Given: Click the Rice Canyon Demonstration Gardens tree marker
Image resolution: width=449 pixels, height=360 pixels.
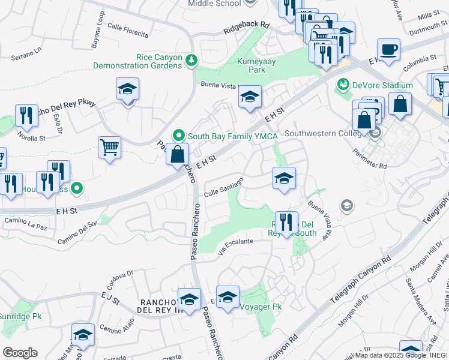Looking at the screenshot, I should coord(191,59).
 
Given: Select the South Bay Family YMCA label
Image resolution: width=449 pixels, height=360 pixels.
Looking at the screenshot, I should coord(232,136).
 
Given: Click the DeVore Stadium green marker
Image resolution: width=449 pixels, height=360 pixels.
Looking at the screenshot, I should coord(344,85).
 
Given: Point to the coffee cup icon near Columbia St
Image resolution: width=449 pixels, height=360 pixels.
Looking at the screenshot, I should coord(388,49).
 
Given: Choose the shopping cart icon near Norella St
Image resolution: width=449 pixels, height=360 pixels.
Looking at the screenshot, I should coord(109,146).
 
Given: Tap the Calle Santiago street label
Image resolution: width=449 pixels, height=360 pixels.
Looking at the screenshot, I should coord(223,187).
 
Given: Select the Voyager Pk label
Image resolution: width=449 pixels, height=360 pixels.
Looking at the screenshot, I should coord(261,307).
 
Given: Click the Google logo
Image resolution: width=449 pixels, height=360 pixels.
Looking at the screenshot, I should coord(20,352).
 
